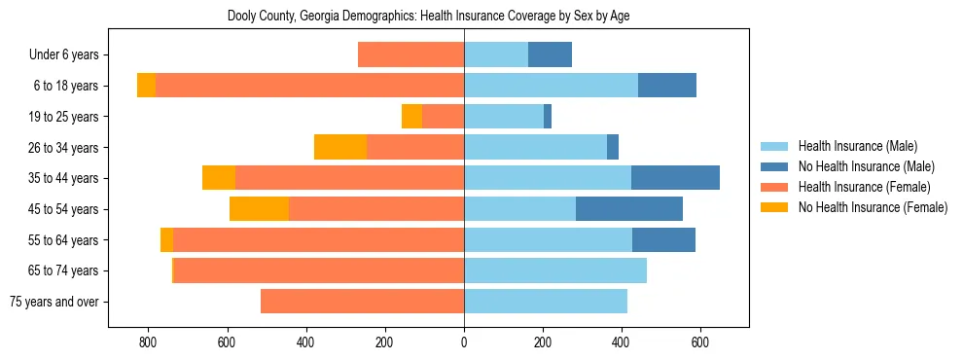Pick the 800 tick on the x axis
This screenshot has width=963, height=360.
(x=148, y=342)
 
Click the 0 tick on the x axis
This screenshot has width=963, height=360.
(x=464, y=342)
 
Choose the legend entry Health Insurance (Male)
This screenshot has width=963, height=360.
(x=857, y=146)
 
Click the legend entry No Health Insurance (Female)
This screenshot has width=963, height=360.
(x=873, y=207)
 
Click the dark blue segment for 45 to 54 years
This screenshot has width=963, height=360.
(x=629, y=209)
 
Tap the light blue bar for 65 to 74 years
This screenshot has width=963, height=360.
(x=555, y=270)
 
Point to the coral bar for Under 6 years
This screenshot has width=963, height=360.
(x=410, y=54)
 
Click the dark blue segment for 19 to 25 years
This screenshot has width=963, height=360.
(x=548, y=116)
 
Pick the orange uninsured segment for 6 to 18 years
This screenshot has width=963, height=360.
(x=146, y=86)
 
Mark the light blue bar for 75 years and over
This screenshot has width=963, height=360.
(x=546, y=302)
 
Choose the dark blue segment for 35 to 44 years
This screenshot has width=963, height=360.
(x=675, y=178)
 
